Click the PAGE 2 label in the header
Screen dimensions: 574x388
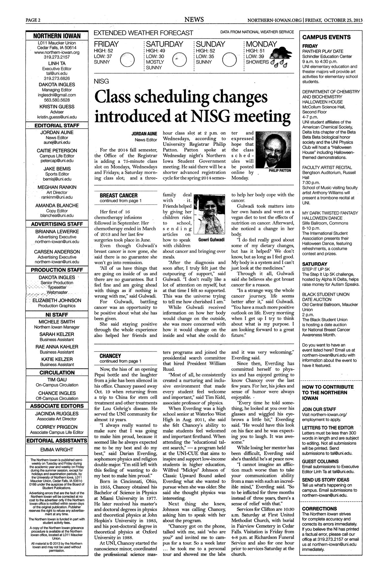click(33, 20)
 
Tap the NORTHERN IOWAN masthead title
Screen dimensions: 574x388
click(57, 36)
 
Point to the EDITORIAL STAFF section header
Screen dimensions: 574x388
click(57, 125)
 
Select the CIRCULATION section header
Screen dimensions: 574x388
click(57, 372)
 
